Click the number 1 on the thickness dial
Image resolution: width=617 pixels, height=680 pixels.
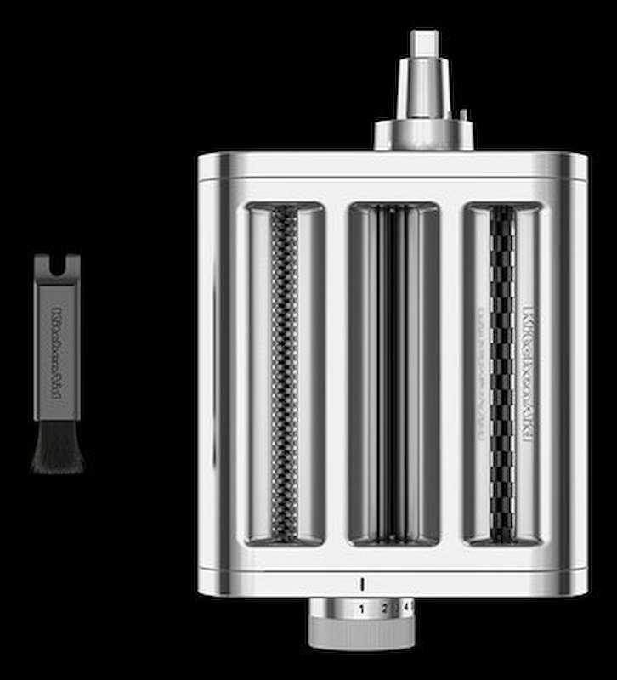tap(361, 609)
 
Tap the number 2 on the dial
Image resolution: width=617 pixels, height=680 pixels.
tap(384, 608)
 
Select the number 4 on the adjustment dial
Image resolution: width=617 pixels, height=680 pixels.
tap(405, 607)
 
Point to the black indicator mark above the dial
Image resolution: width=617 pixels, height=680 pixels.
tap(361, 584)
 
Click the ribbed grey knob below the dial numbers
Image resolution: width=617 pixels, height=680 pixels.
tap(361, 633)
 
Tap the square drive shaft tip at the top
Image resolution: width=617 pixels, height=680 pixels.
tap(423, 43)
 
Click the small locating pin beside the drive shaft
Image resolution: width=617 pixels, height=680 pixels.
tap(461, 114)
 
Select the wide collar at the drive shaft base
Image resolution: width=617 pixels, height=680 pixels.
tap(423, 133)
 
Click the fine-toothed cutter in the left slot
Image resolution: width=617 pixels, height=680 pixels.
tap(284, 374)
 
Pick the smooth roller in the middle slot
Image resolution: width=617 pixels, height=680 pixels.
tap(393, 374)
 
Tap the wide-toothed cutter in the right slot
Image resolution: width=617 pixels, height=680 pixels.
tap(502, 374)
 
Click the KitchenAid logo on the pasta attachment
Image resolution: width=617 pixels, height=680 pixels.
tap(527, 374)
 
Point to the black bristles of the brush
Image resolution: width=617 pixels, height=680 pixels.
tap(58, 446)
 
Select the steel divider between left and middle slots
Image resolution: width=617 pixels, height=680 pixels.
tap(337, 374)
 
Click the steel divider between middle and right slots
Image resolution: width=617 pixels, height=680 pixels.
tap(451, 374)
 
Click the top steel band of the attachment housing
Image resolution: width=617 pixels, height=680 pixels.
tap(393, 166)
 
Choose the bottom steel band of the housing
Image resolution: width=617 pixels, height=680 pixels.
tap(393, 582)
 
